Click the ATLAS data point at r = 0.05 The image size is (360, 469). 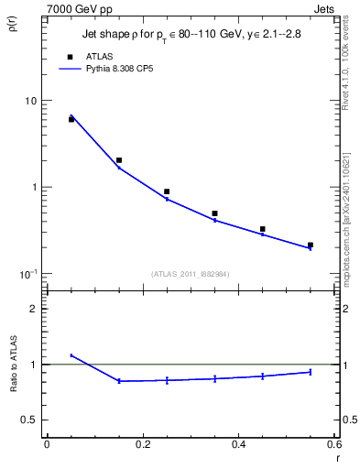[71, 119]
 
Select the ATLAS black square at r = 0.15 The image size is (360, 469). [119, 160]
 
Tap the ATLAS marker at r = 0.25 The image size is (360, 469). [167, 191]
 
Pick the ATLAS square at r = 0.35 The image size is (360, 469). [214, 213]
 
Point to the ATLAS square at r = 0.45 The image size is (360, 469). [262, 229]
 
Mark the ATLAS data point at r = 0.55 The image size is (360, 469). [310, 245]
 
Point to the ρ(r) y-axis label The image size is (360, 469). [13, 27]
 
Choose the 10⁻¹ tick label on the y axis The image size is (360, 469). [29, 274]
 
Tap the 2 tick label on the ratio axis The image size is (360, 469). [34, 309]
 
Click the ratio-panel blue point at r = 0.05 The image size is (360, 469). [71, 355]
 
